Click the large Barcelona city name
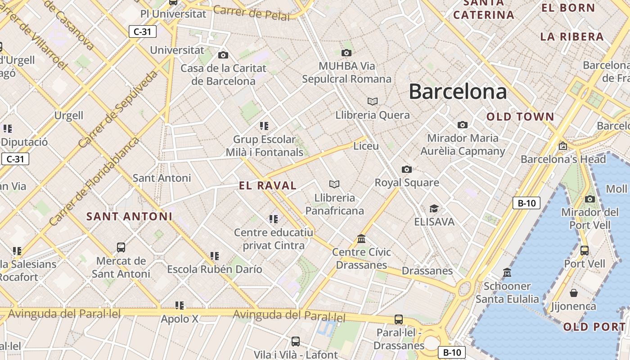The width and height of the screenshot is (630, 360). pyautogui.click(x=458, y=92)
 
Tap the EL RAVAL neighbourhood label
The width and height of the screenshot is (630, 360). pyautogui.click(x=268, y=185)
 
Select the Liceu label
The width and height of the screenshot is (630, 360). pyautogui.click(x=366, y=146)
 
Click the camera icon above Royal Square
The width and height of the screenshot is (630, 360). pyautogui.click(x=407, y=169)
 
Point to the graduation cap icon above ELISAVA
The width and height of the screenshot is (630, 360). pyautogui.click(x=434, y=209)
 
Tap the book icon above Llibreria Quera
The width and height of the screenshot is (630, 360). pyautogui.click(x=373, y=101)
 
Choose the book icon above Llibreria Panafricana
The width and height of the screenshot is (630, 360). pyautogui.click(x=334, y=184)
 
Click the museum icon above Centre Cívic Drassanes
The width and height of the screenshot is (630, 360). pyautogui.click(x=361, y=238)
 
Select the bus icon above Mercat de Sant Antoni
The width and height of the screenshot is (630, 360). pyautogui.click(x=121, y=247)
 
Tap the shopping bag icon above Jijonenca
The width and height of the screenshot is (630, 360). pyautogui.click(x=574, y=293)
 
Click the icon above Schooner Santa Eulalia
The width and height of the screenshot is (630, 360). pyautogui.click(x=507, y=272)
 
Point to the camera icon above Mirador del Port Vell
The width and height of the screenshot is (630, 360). pyautogui.click(x=590, y=199)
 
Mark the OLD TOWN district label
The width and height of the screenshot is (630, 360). pyautogui.click(x=520, y=117)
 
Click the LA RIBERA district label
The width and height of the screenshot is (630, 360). pyautogui.click(x=572, y=37)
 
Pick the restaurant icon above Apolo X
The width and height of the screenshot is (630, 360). pyautogui.click(x=180, y=306)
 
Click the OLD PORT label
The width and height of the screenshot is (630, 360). pyautogui.click(x=594, y=327)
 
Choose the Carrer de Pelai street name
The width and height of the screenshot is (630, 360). pyautogui.click(x=252, y=13)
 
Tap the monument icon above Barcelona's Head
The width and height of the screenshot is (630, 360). pyautogui.click(x=562, y=146)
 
